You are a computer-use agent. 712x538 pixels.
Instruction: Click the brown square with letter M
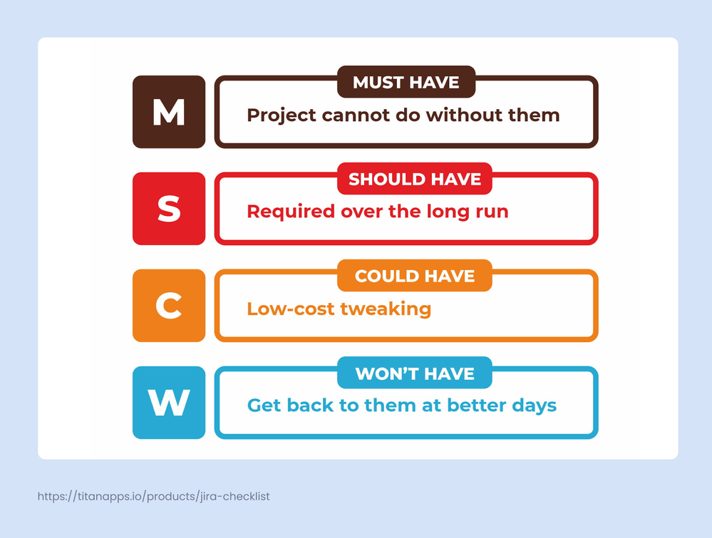coord(169,112)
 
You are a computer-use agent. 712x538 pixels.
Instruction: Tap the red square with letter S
coord(169,209)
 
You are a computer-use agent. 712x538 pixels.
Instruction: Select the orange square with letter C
coord(169,306)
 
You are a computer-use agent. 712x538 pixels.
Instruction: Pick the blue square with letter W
coord(169,403)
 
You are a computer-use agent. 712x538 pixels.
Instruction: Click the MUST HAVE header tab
coord(406,83)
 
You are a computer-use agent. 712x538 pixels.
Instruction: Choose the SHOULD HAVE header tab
coord(415,180)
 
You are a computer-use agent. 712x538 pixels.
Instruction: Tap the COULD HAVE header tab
coord(415,276)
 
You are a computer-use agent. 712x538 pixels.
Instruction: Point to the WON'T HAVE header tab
coord(415,373)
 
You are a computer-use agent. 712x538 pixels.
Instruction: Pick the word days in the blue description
coord(535,406)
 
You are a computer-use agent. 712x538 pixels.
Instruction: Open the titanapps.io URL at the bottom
coord(153,496)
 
